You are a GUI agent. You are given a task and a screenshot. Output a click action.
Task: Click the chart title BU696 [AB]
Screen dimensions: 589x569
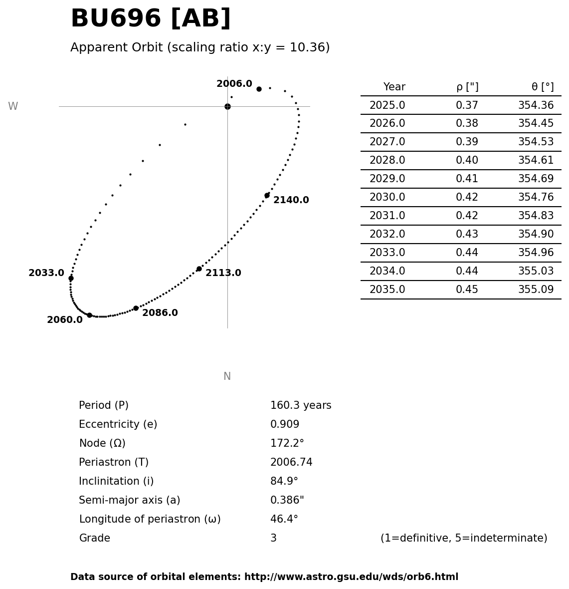(x=151, y=19)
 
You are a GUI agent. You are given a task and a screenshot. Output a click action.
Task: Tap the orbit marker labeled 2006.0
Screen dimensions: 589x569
(x=259, y=89)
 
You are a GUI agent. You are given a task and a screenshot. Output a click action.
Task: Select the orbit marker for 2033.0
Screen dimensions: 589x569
(x=71, y=278)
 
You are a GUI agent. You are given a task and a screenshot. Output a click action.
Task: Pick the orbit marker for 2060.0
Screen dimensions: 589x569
(x=89, y=315)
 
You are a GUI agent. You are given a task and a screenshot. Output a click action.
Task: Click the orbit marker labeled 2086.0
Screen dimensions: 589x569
(x=136, y=308)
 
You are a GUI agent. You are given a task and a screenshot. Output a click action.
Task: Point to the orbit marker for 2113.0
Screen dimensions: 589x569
(x=199, y=269)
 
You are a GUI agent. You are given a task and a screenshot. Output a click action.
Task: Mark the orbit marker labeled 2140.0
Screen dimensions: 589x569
(x=267, y=195)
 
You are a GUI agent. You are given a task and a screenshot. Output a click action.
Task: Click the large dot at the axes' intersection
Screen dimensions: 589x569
(x=227, y=106)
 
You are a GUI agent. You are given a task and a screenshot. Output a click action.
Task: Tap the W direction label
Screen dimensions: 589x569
(x=13, y=107)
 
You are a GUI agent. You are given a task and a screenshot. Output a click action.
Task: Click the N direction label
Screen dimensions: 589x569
(x=227, y=377)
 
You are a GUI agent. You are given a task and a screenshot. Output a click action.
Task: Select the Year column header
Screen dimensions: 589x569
(x=394, y=87)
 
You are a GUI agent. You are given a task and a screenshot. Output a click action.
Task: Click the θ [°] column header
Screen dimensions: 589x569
(x=542, y=87)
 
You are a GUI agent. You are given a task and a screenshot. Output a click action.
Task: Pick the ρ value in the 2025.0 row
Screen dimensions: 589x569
(x=467, y=106)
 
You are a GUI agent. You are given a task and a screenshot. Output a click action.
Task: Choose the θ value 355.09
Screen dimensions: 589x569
(x=536, y=290)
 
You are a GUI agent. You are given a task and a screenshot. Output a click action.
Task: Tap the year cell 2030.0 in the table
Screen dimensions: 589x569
(x=387, y=198)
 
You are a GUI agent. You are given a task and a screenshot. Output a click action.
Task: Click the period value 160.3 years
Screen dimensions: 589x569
(x=301, y=406)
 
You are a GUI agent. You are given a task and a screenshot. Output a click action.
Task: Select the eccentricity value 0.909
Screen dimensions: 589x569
(x=285, y=425)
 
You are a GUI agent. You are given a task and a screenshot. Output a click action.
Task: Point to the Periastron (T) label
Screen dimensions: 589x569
(x=114, y=463)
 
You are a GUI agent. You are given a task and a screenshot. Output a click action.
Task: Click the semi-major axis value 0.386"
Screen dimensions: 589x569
(x=287, y=501)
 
